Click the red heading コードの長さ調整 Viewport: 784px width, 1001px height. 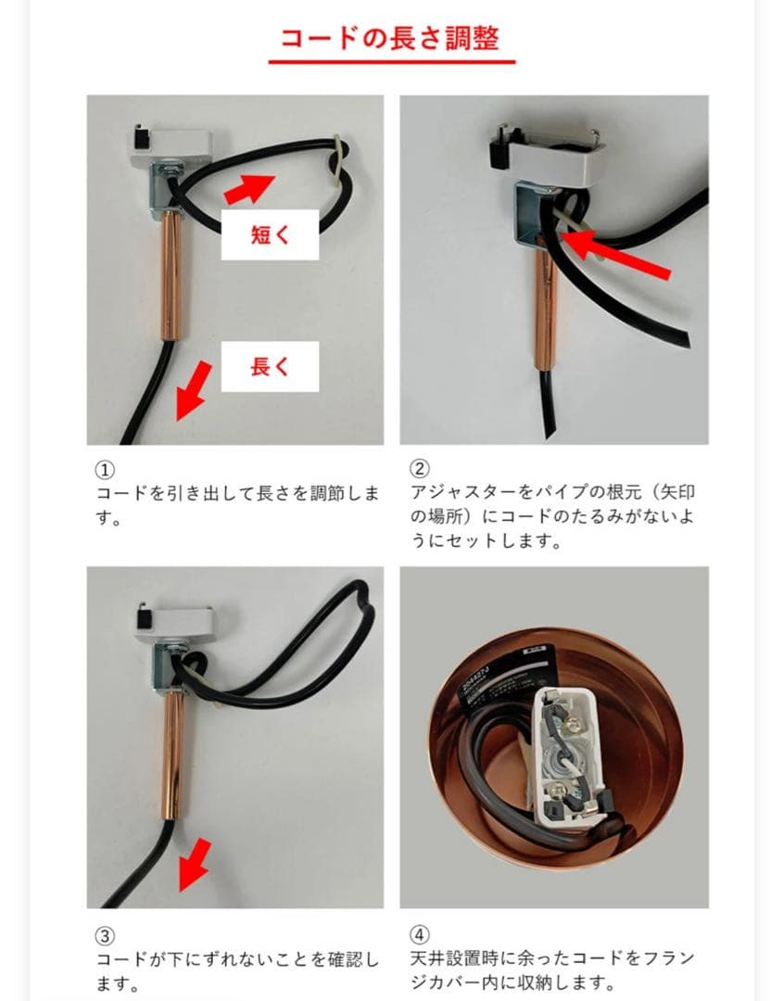click(391, 38)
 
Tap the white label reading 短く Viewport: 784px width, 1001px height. click(270, 234)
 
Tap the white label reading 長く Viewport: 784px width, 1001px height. click(270, 366)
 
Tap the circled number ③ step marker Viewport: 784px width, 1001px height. click(105, 934)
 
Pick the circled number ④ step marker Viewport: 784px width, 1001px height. click(418, 934)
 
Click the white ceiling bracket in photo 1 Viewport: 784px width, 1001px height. click(169, 144)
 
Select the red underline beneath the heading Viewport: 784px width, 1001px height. click(391, 63)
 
